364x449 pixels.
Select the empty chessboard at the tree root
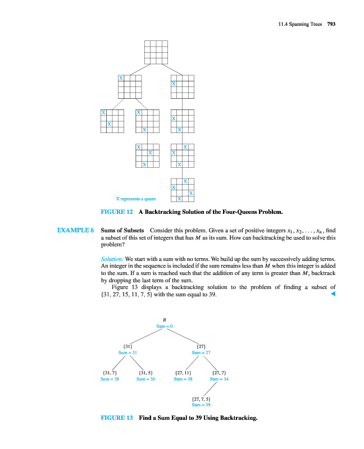click(x=156, y=52)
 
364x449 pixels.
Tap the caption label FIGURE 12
click(x=116, y=212)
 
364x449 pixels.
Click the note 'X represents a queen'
click(x=135, y=199)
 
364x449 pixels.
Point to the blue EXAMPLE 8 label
click(x=75, y=230)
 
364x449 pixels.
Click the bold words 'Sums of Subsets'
click(x=122, y=230)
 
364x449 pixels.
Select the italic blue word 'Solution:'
click(x=112, y=259)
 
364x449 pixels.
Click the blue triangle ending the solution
click(x=333, y=294)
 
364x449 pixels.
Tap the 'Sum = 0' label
click(x=164, y=326)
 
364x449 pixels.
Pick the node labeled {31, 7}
click(x=110, y=372)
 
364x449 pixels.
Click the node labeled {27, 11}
click(x=184, y=372)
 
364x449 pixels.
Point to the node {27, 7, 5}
click(x=201, y=398)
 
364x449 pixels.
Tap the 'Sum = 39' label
click(x=201, y=404)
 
